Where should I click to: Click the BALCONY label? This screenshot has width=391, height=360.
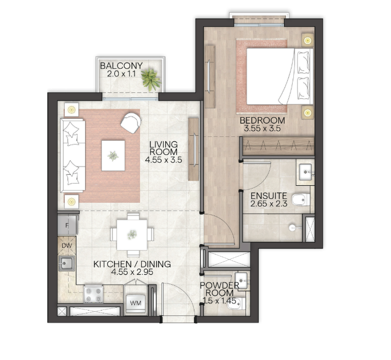coord(121,65)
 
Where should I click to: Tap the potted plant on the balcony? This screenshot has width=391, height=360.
coord(150,79)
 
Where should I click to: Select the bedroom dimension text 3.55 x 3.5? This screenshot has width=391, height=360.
coord(262,129)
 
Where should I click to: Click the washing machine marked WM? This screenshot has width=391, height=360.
coord(136,303)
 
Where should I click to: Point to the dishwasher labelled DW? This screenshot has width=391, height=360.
coord(66,246)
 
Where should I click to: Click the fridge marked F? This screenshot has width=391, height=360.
coord(68,225)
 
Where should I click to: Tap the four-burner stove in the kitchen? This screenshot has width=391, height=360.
coord(93,294)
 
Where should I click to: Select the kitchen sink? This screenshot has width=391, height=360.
coord(66,263)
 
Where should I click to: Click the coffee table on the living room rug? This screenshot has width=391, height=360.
coord(113,156)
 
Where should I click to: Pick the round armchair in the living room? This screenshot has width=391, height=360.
coord(130,123)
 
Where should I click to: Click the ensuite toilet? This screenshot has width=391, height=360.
coord(301,200)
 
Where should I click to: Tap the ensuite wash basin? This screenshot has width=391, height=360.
coord(305,172)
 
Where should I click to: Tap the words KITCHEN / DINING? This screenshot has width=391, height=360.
coord(132,264)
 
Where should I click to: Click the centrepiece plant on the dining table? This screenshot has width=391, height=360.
coord(132,235)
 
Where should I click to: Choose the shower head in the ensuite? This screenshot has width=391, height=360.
coord(292,228)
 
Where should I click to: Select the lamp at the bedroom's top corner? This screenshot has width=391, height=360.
coord(308,40)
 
